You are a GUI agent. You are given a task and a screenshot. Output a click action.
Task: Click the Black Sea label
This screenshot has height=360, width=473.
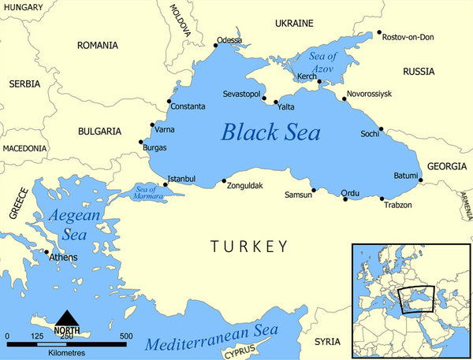coord(270,132)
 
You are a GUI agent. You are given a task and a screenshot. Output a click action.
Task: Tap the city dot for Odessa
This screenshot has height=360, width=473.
coord(216,46)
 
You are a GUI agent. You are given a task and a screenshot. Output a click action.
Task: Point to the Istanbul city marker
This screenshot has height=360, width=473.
coord(166,185)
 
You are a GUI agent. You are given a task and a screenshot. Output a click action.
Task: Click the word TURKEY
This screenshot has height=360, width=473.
coord(249,247)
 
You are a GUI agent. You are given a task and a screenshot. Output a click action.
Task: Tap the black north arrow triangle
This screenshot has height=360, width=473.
coord(66,315)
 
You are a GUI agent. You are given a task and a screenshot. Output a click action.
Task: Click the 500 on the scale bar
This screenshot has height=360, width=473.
coord(126,336)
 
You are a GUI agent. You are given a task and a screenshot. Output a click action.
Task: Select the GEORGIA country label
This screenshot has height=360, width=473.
coord(447,166)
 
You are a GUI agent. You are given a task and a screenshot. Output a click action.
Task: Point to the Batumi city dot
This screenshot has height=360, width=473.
coord(421,181)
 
